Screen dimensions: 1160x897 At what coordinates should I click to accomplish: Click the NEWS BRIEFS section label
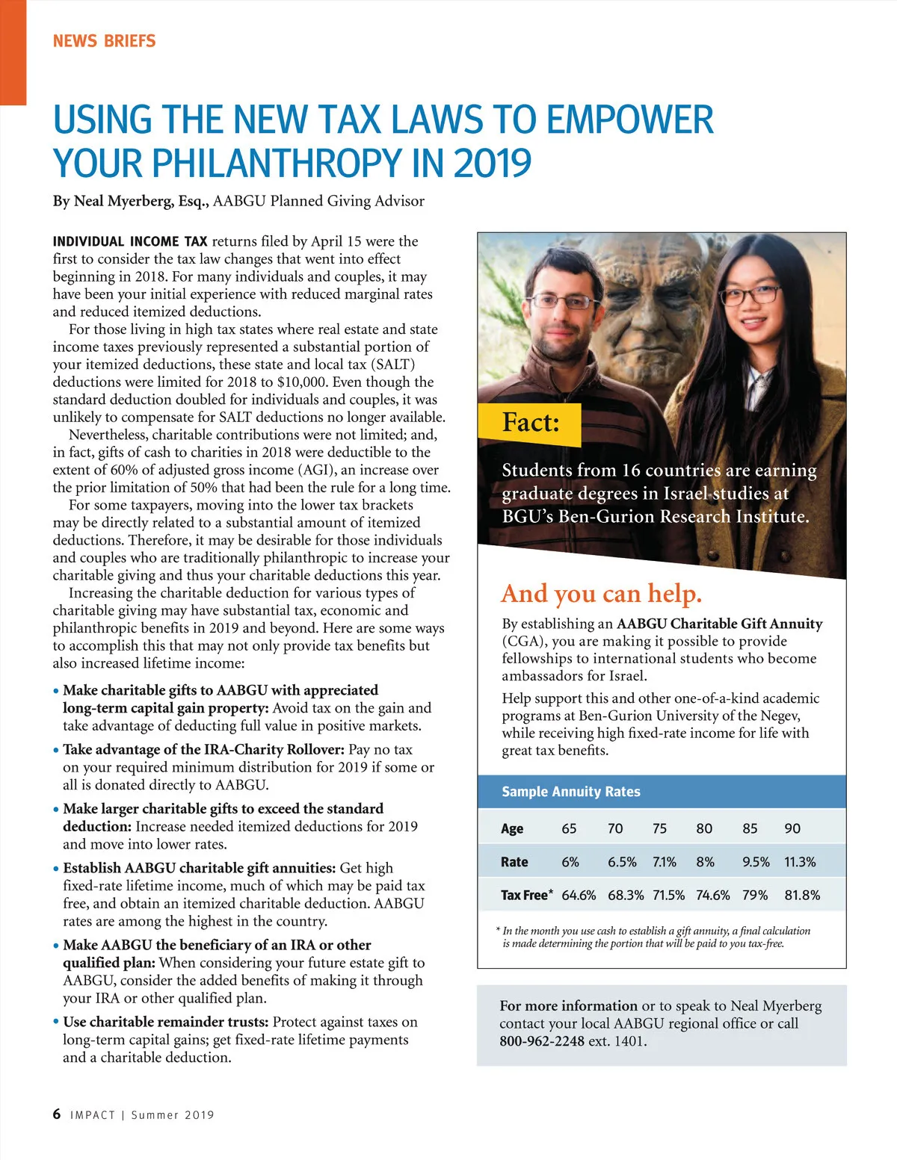pos(104,41)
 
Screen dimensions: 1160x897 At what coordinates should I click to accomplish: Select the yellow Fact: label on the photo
pos(530,423)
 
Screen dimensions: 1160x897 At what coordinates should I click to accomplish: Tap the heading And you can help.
pos(602,594)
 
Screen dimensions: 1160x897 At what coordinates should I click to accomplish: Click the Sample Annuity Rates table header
pos(571,792)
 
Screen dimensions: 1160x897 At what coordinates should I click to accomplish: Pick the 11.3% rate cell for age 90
pos(800,862)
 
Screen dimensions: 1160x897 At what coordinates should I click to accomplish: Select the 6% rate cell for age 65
pos(570,862)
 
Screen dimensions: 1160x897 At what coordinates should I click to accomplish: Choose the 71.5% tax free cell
pos(668,895)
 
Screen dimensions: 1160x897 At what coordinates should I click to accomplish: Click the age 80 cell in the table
pos(704,828)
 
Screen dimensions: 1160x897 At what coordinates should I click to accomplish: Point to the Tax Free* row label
pos(527,895)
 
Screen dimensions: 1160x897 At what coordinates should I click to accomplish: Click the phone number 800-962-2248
pos(542,1041)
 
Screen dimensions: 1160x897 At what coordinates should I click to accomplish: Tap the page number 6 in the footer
pos(58,1114)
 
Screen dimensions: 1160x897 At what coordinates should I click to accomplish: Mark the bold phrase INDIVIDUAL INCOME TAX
pos(130,241)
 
